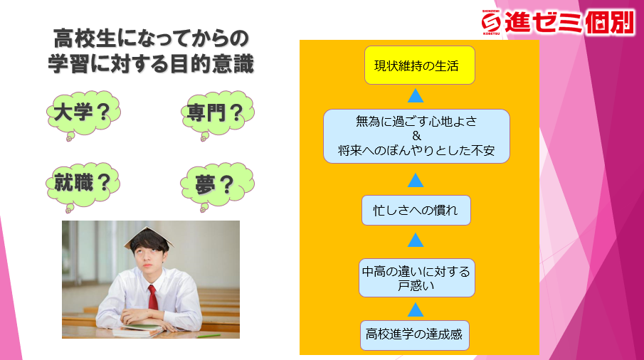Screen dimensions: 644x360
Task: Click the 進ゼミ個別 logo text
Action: coord(569,22)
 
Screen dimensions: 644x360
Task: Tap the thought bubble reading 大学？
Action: coord(83,114)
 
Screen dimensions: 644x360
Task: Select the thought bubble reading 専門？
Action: coord(217,114)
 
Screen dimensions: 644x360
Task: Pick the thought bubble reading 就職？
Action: coord(83,186)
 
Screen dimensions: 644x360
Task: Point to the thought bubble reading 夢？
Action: coord(217,186)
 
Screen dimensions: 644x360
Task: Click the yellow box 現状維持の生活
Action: coord(419,65)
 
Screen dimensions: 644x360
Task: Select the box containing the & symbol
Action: coord(416,137)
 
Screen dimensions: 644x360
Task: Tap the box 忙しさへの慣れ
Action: coord(416,210)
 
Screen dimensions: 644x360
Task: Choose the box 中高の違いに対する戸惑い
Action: coord(416,278)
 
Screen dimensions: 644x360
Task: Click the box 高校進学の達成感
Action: coord(414,335)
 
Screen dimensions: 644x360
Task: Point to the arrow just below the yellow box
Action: coord(416,95)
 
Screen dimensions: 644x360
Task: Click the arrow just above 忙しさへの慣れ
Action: coord(416,180)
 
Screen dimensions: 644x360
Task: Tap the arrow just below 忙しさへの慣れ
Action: coord(416,240)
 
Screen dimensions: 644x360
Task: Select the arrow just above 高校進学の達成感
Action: coord(416,310)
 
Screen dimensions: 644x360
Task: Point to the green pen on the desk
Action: coord(208,336)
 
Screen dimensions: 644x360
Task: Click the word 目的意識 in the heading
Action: coord(212,65)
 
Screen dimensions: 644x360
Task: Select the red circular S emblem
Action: coord(491,22)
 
